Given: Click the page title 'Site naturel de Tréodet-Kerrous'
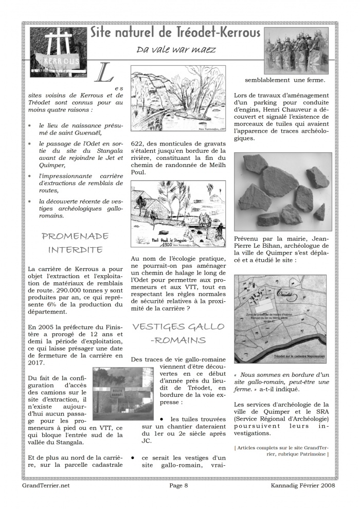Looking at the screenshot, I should click(x=175, y=33).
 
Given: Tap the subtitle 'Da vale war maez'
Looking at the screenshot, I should click(x=175, y=50).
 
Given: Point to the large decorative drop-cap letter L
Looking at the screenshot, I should click(x=105, y=75).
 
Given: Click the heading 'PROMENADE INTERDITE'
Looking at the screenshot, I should click(x=75, y=243).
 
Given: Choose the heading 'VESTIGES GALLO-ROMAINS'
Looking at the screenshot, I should click(x=178, y=333).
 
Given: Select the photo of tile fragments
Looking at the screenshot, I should click(x=283, y=191).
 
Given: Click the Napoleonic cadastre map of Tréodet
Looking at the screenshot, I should click(x=283, y=319).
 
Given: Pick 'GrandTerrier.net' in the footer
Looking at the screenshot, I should click(x=46, y=485).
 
